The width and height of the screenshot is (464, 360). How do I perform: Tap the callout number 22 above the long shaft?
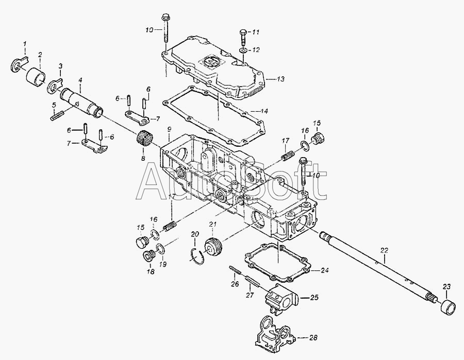384,251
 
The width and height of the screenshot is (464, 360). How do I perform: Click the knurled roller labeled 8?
144,137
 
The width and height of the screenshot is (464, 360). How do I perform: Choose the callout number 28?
313,337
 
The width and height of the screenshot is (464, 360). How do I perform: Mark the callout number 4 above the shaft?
80,80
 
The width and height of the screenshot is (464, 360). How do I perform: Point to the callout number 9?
169,129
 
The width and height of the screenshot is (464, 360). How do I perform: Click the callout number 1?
25,44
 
